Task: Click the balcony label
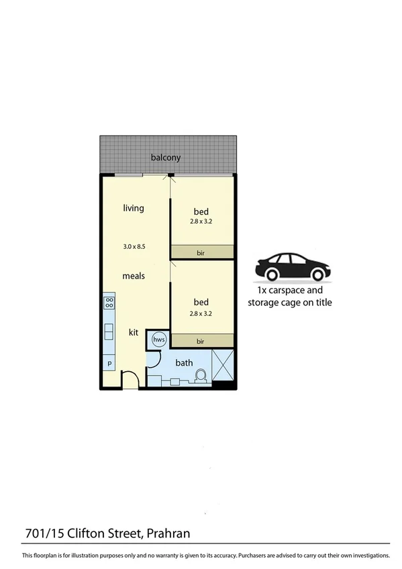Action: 165,158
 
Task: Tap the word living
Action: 134,208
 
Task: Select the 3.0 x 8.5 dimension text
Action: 134,246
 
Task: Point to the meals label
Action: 134,276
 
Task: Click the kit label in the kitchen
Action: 134,331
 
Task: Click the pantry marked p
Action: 108,363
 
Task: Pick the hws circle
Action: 159,340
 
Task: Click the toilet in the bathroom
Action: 199,378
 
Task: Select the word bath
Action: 184,363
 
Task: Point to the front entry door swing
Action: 130,382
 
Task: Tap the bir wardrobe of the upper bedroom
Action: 201,252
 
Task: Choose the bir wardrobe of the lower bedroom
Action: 201,341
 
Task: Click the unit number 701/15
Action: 42,533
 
